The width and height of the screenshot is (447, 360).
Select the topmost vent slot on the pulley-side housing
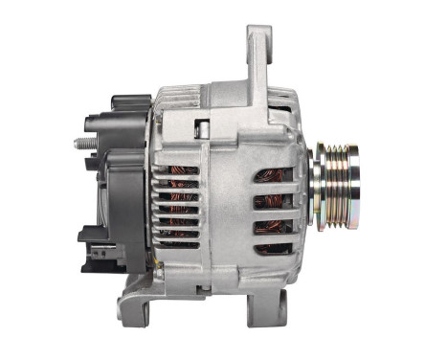pyautogui.click(x=275, y=175)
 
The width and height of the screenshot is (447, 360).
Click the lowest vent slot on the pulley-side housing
pyautogui.click(x=275, y=248)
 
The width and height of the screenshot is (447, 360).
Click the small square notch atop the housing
pyautogui.click(x=201, y=124)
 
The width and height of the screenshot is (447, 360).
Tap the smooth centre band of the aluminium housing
pyautogui.click(x=226, y=206)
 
